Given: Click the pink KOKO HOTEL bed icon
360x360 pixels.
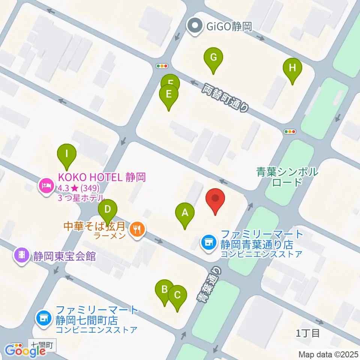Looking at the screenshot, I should [46, 185].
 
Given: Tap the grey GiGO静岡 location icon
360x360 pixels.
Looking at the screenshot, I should [195, 27].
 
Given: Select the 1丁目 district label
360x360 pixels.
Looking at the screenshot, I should [308, 333].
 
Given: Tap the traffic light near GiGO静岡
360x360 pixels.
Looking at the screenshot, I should [162, 66].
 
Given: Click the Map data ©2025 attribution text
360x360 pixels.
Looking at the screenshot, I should [328, 354].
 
